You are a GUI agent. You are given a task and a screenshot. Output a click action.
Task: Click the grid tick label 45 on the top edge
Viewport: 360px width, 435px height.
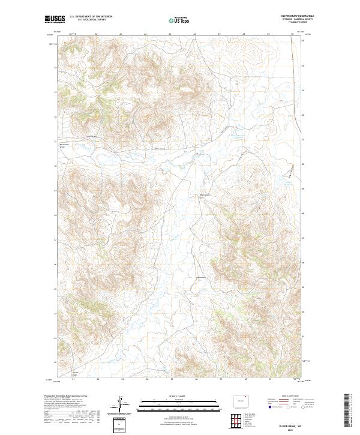click(170, 34)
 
